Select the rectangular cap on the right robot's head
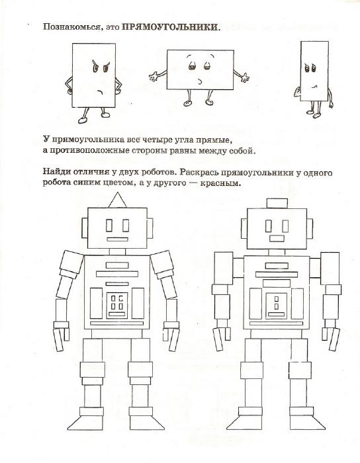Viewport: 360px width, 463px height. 277,203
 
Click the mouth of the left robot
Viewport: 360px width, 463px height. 117,239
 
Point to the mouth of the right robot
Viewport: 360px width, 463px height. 277,238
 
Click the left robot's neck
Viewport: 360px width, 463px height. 117,252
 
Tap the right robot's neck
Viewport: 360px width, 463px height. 277,253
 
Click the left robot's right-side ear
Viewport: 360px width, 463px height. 150,228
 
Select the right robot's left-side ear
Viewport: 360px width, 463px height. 244,229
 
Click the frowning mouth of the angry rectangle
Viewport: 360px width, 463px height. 101,91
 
